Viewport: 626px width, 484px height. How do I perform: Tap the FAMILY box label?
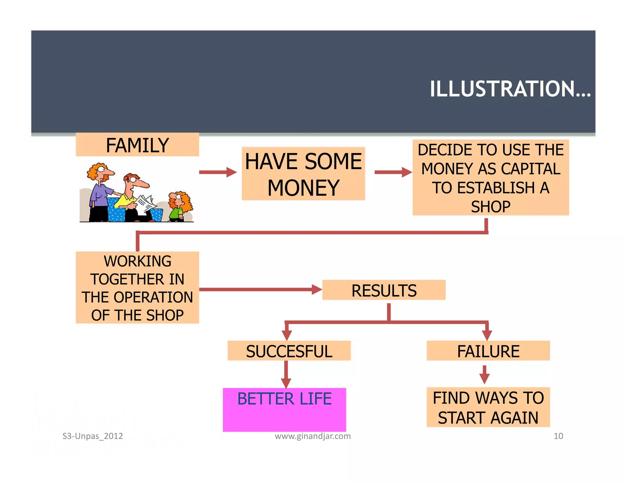click(x=137, y=145)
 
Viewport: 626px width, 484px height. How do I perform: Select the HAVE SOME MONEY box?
click(x=303, y=174)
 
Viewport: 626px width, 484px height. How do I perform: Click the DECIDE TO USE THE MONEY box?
click(x=490, y=178)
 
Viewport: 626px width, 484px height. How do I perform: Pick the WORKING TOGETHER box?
click(x=137, y=288)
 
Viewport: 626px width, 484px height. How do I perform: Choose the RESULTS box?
click(x=384, y=290)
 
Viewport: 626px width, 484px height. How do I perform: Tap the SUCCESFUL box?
click(x=289, y=351)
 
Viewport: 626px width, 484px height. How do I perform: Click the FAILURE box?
click(x=488, y=351)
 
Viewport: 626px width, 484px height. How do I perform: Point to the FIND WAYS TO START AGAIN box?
click(x=488, y=407)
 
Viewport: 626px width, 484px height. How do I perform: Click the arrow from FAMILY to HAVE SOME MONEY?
click(x=218, y=172)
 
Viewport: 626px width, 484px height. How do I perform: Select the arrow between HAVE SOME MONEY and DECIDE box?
click(x=393, y=172)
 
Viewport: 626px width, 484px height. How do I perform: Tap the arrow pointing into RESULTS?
click(x=260, y=289)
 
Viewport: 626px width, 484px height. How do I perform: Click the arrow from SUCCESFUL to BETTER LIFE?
click(x=286, y=374)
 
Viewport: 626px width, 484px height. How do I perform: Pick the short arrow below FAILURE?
click(x=484, y=374)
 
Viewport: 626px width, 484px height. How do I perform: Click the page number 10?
click(x=558, y=436)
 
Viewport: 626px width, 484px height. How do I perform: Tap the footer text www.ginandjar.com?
click(x=312, y=436)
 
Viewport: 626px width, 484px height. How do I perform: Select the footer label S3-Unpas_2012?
click(x=93, y=436)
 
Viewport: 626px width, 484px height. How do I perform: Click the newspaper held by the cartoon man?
click(x=146, y=203)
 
